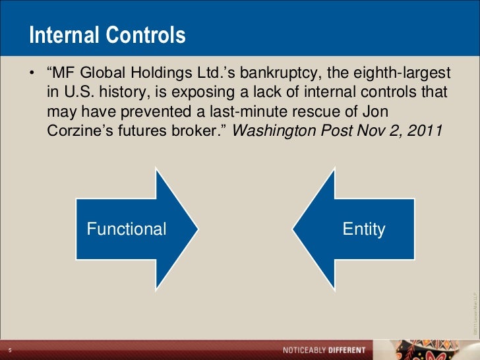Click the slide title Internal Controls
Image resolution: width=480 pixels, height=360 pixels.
pyautogui.click(x=107, y=36)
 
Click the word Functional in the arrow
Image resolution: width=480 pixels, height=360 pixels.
pyautogui.click(x=127, y=229)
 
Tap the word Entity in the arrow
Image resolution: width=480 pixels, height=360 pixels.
pyautogui.click(x=364, y=229)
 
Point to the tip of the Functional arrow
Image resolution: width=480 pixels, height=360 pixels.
pyautogui.click(x=197, y=229)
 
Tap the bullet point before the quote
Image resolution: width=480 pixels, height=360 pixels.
pyautogui.click(x=31, y=71)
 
